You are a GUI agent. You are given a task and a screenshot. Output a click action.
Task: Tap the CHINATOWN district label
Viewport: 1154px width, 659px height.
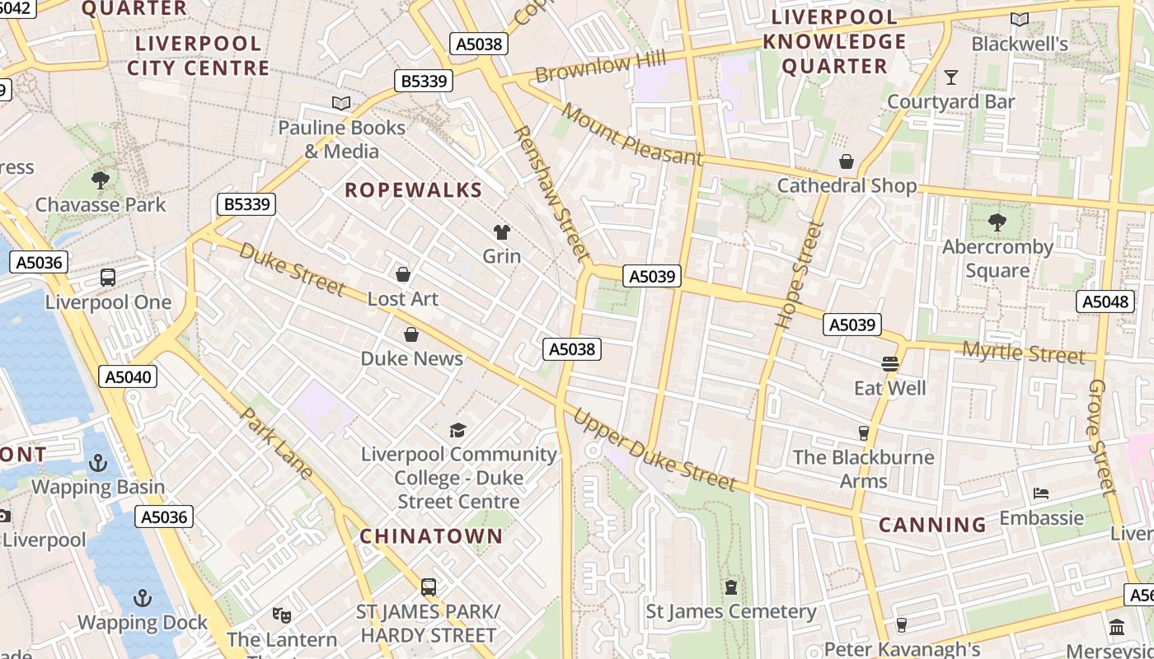coord(431,536)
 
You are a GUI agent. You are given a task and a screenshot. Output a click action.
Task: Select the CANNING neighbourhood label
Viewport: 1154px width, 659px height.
coord(932,525)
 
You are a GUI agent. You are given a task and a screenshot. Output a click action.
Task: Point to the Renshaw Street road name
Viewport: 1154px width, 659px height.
coord(551,193)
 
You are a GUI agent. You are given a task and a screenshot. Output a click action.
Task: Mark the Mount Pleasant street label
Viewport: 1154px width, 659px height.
coord(632,134)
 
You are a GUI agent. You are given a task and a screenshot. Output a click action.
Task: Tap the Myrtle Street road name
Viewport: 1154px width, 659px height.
coord(1024,353)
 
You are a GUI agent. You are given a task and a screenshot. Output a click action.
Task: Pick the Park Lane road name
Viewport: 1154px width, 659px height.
coord(276,442)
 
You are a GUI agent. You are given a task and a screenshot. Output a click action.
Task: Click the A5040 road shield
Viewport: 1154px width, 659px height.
coord(128,377)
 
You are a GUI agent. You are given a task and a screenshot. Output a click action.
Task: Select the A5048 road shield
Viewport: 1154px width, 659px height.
coord(1105,301)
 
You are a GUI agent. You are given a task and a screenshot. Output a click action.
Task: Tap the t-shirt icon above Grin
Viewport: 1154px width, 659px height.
coord(501,232)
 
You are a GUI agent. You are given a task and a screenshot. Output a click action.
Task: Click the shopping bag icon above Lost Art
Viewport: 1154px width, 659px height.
coord(403,274)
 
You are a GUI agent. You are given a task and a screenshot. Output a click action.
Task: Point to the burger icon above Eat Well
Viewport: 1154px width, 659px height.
coord(889,363)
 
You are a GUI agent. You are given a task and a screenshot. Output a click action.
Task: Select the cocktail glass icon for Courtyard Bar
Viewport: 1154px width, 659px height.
coord(951,77)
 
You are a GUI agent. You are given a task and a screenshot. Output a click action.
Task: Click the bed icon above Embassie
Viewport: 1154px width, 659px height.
coord(1041,493)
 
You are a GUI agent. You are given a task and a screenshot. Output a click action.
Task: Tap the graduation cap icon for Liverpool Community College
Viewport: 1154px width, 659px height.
coord(457,430)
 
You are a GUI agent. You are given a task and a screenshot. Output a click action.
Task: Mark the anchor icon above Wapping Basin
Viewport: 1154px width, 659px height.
coord(98,463)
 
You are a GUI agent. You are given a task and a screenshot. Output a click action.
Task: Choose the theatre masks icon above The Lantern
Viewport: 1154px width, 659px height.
coord(282,615)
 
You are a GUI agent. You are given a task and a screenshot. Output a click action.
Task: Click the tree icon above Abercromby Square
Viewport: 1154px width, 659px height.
coord(997,222)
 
